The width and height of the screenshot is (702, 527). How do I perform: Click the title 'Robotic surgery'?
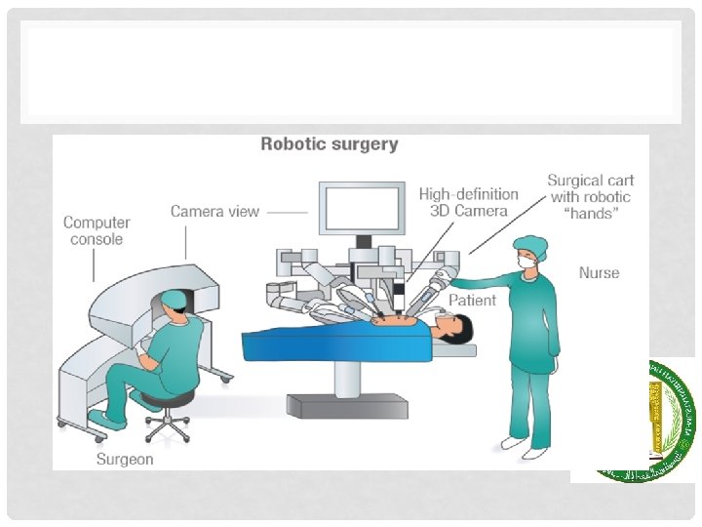pyautogui.click(x=329, y=144)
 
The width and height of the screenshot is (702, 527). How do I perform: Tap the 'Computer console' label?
pyautogui.click(x=97, y=230)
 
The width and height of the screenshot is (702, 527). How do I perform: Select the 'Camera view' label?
pyautogui.click(x=214, y=211)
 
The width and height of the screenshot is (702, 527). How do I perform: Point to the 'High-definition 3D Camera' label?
pyautogui.click(x=463, y=202)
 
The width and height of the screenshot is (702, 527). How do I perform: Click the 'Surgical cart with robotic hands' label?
pyautogui.click(x=590, y=196)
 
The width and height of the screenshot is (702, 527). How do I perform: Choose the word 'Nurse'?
pyautogui.click(x=599, y=272)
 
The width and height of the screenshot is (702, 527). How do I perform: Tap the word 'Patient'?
pyautogui.click(x=472, y=300)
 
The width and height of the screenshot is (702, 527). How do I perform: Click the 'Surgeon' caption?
pyautogui.click(x=125, y=459)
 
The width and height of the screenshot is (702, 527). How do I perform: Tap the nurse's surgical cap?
pyautogui.click(x=530, y=245)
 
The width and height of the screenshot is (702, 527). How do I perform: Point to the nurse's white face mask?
pyautogui.click(x=528, y=263)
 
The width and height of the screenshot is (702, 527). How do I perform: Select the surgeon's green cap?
pyautogui.click(x=174, y=297)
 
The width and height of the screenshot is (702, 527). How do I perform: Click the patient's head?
pyautogui.click(x=457, y=324)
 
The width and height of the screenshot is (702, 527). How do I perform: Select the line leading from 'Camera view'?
pyautogui.click(x=287, y=211)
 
